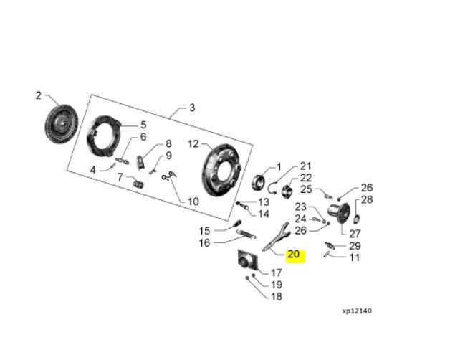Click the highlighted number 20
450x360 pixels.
coord(295,255)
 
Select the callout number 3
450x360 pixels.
coord(192,108)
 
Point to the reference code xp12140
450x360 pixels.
coord(357,311)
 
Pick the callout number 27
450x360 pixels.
coord(355,234)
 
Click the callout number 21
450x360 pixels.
coord(306,166)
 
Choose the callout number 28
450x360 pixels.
coord(367,200)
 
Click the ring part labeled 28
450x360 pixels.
coord(358,218)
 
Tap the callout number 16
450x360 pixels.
coord(205,243)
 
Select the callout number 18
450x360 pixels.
coord(277,296)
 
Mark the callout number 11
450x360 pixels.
coord(355,257)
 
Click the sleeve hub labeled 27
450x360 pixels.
coord(337,213)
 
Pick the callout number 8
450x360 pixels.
coord(168,143)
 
